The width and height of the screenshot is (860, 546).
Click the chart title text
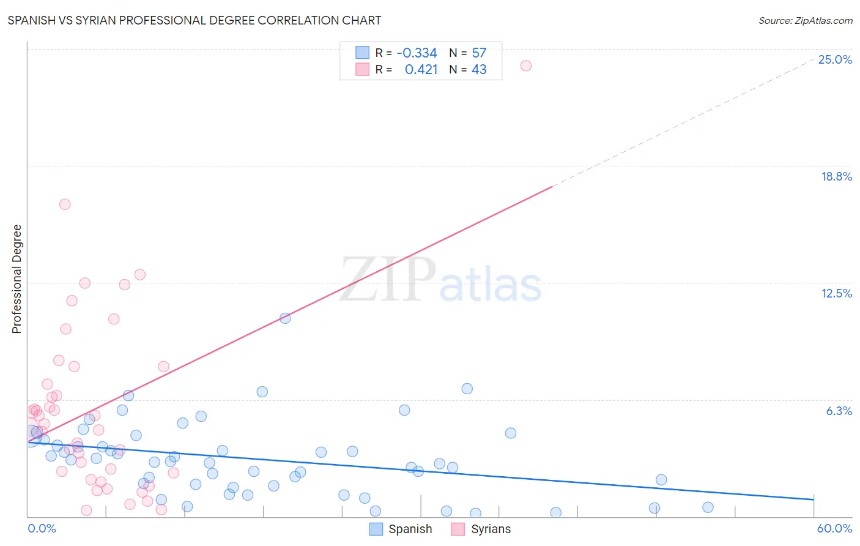(195, 20)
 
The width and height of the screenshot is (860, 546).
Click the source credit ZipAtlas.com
(805, 20)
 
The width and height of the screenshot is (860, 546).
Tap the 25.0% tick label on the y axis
(835, 59)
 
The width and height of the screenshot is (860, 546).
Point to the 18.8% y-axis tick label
(836, 176)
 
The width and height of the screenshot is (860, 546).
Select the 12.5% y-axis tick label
(836, 293)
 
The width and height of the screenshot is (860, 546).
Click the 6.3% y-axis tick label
(839, 411)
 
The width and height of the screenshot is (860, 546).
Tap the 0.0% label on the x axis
(42, 528)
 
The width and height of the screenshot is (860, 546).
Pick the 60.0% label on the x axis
(834, 528)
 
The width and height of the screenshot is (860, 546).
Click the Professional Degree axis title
(17, 279)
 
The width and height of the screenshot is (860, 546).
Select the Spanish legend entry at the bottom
(401, 529)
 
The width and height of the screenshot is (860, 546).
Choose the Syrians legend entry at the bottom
(481, 529)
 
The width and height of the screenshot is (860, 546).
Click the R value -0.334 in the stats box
(417, 53)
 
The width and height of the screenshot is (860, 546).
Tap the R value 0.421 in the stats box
(421, 69)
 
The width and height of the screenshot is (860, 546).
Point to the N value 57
(479, 53)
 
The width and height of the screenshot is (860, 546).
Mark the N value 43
(479, 69)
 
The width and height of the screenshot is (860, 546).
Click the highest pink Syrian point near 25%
(525, 65)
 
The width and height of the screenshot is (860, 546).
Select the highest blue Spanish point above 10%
(285, 318)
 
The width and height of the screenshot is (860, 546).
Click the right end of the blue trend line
(814, 499)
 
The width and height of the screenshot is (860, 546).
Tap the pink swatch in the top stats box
(362, 69)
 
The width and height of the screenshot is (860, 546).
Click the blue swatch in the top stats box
(362, 53)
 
